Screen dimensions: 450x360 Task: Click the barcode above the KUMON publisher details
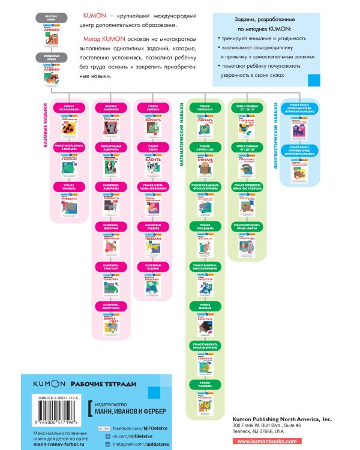tap(54, 410)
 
